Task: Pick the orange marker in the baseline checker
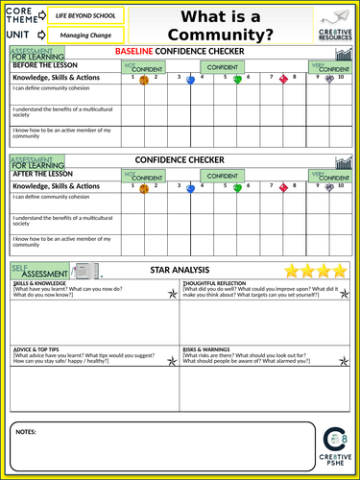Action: (x=144, y=81)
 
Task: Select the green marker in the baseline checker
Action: (x=237, y=80)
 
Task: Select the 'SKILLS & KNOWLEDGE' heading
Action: (x=40, y=285)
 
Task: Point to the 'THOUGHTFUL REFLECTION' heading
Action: (x=211, y=285)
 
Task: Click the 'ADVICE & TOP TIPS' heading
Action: (x=37, y=348)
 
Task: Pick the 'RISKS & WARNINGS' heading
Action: (x=204, y=348)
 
